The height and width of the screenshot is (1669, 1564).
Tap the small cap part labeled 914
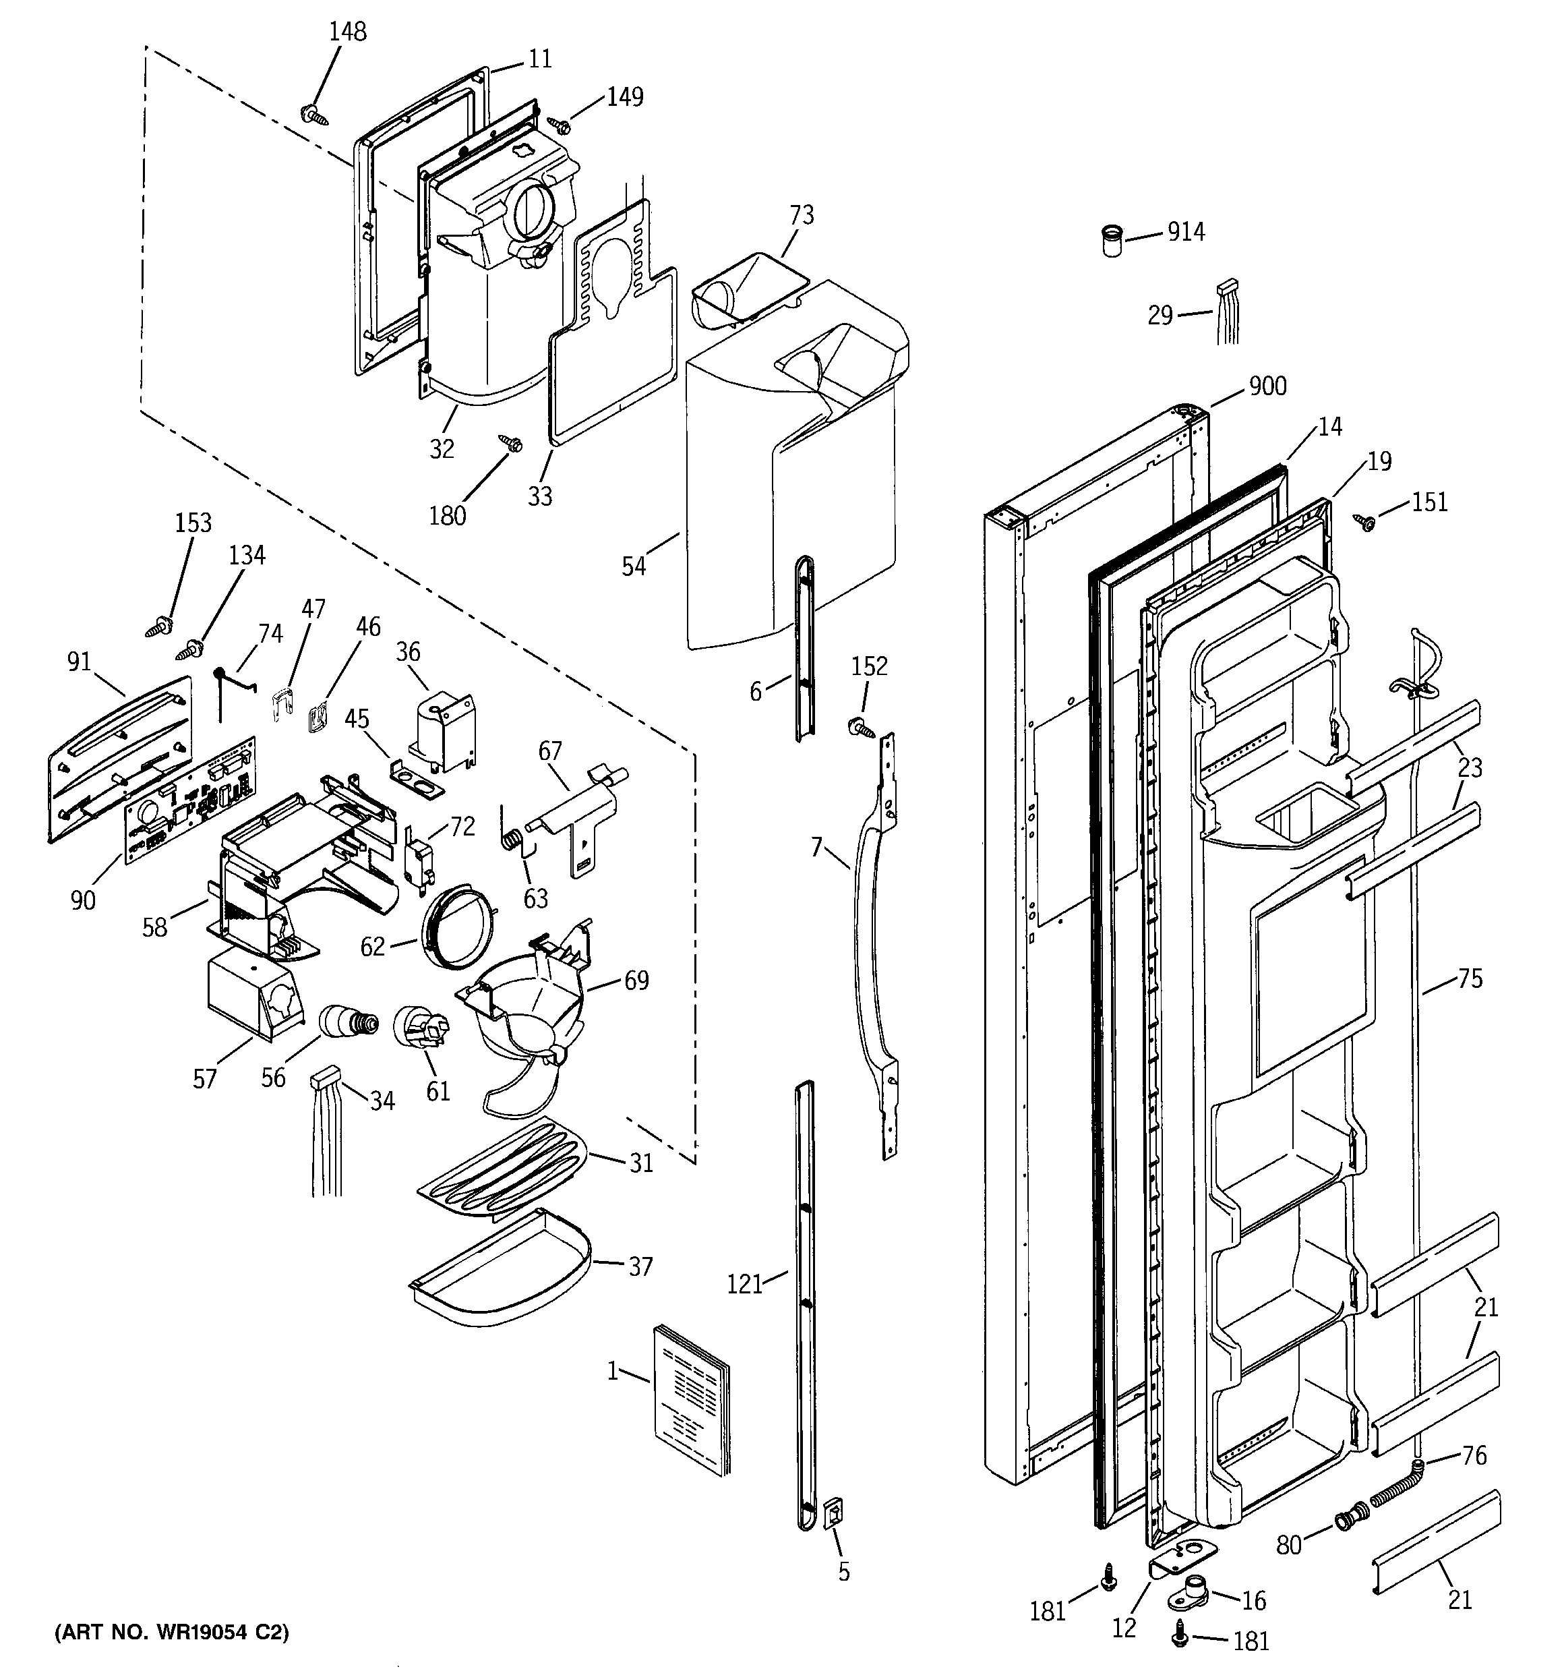pos(1112,240)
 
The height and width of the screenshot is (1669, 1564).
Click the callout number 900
pos(1267,386)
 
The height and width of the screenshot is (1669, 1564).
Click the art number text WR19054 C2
pos(171,1632)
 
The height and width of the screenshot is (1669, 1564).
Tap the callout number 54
pos(634,566)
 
